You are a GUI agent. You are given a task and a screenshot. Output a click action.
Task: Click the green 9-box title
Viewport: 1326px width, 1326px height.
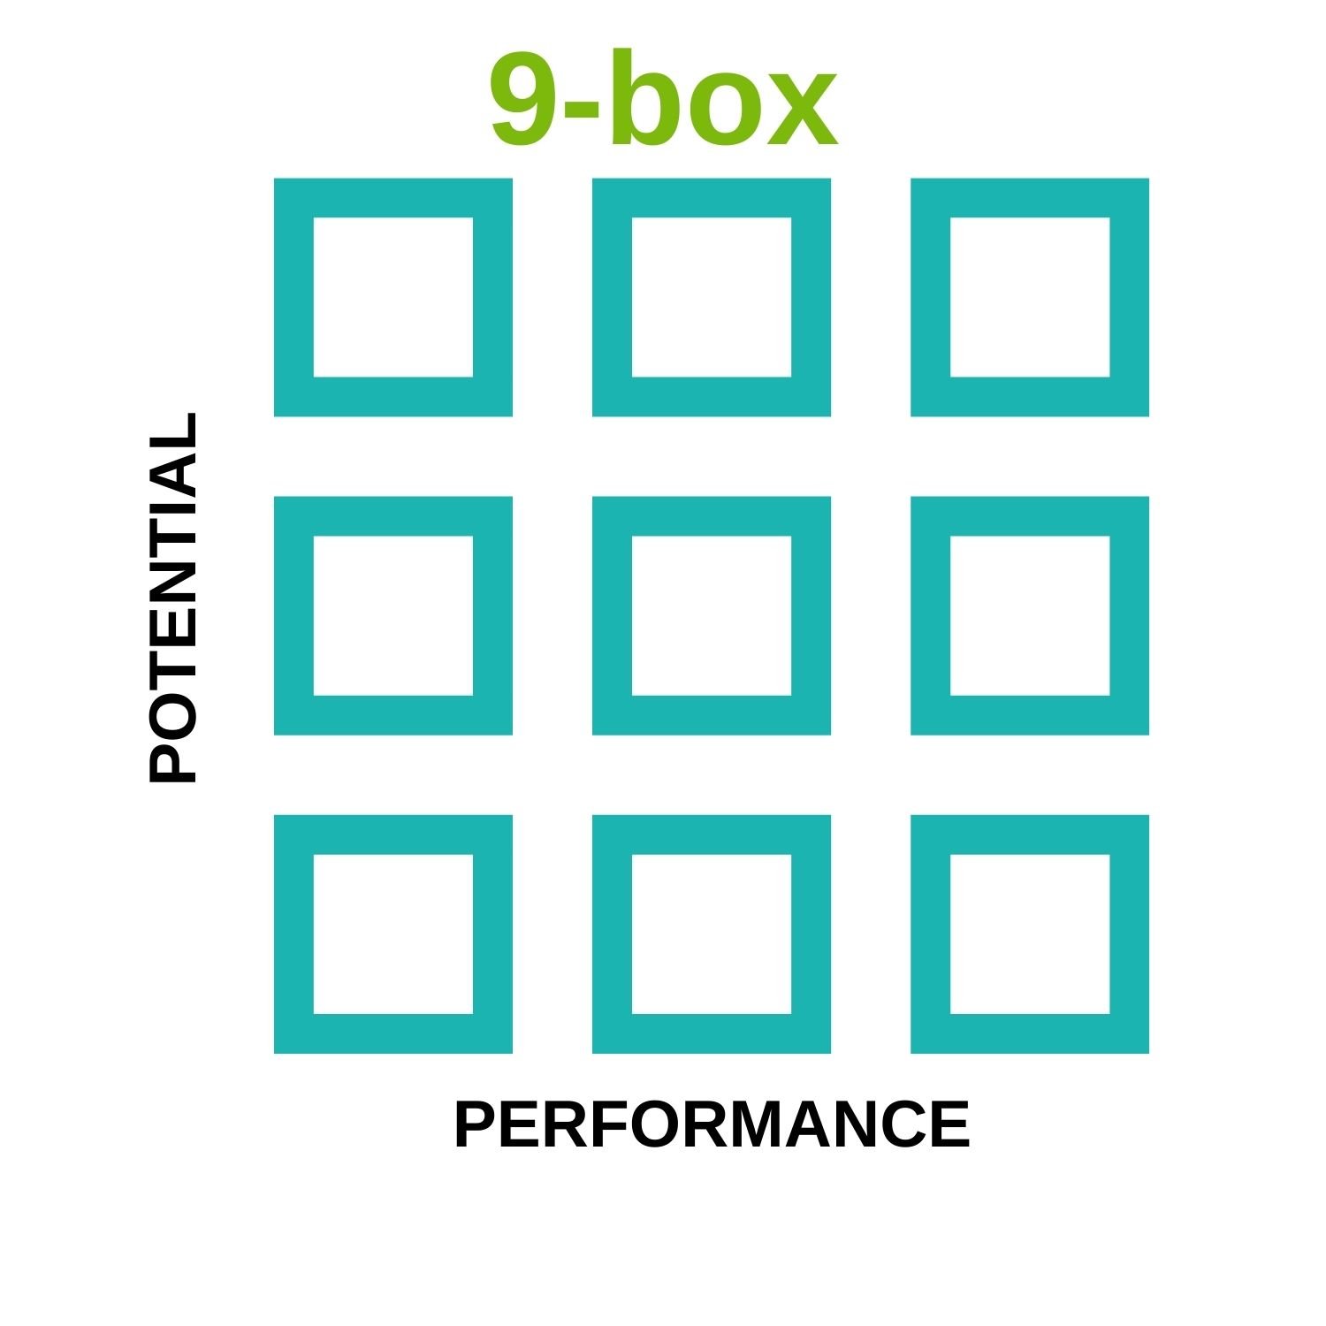(663, 99)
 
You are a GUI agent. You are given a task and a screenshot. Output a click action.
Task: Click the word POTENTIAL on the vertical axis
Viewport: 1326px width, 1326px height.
(172, 598)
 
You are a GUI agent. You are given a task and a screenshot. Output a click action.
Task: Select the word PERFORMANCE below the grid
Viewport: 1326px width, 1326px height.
(712, 1124)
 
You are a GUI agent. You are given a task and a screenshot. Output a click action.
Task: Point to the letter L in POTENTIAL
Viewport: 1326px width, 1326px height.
(172, 430)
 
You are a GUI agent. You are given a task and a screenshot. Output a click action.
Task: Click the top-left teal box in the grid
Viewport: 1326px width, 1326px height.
(393, 297)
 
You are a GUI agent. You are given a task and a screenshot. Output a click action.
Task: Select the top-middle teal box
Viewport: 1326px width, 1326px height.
(712, 297)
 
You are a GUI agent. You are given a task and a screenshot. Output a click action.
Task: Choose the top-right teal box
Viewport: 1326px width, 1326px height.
(1030, 297)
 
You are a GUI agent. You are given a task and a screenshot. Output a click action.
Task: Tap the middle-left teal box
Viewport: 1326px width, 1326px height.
(393, 615)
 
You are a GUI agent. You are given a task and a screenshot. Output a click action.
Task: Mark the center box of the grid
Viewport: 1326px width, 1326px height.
(712, 615)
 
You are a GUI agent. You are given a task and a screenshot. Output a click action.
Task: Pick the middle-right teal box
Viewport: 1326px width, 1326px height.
(1030, 615)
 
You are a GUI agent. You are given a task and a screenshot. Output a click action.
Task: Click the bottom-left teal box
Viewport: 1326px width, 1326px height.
(393, 934)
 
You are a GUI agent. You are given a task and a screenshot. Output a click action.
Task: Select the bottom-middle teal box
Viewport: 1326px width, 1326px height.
(712, 934)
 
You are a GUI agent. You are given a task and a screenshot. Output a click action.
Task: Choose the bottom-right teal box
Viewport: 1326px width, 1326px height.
(1030, 934)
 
